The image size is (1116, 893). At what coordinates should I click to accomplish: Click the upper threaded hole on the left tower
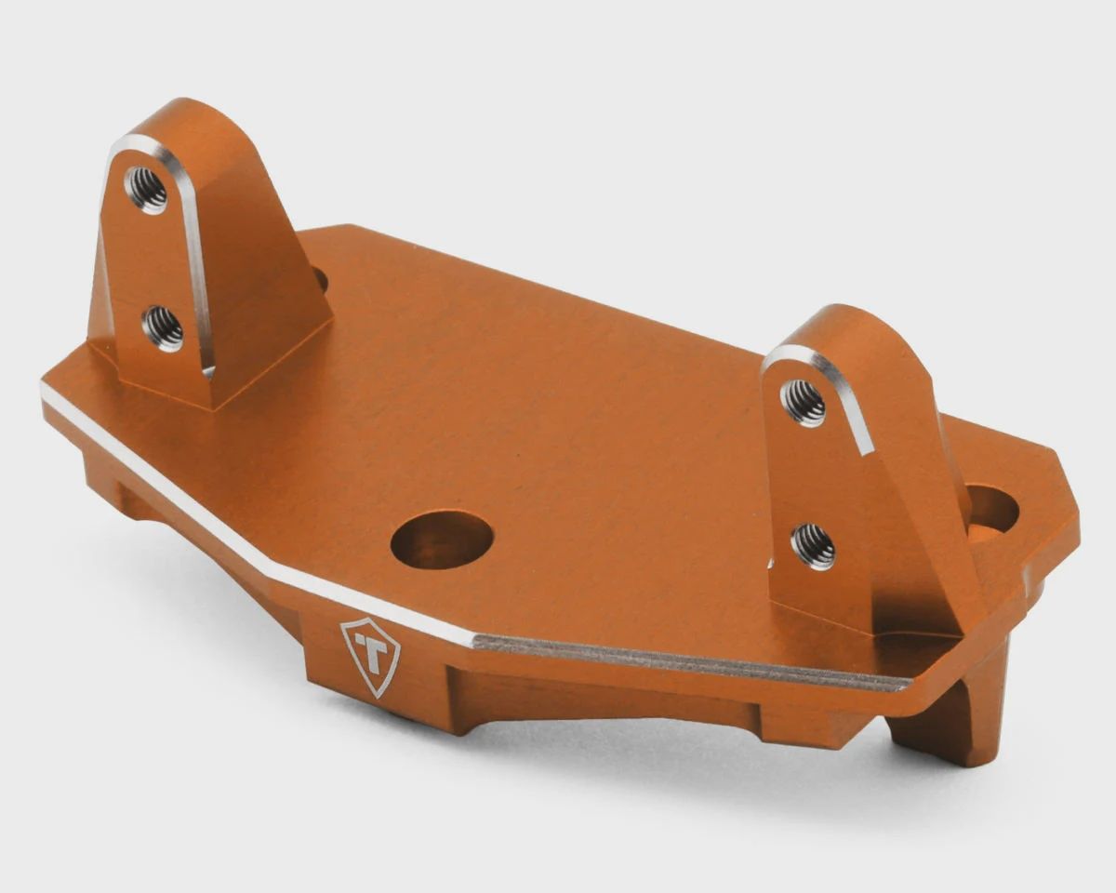(146, 190)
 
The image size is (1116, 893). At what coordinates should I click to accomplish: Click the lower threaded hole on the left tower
(163, 329)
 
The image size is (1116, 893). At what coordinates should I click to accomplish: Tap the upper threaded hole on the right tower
(803, 403)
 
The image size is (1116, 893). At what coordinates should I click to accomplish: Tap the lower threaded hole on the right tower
(813, 546)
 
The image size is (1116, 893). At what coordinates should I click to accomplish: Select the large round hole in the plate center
(442, 541)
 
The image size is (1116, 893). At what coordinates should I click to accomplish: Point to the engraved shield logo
(370, 657)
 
